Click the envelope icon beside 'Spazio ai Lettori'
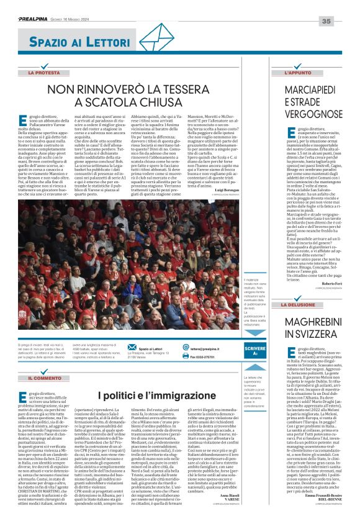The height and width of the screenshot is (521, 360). (131, 347)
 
